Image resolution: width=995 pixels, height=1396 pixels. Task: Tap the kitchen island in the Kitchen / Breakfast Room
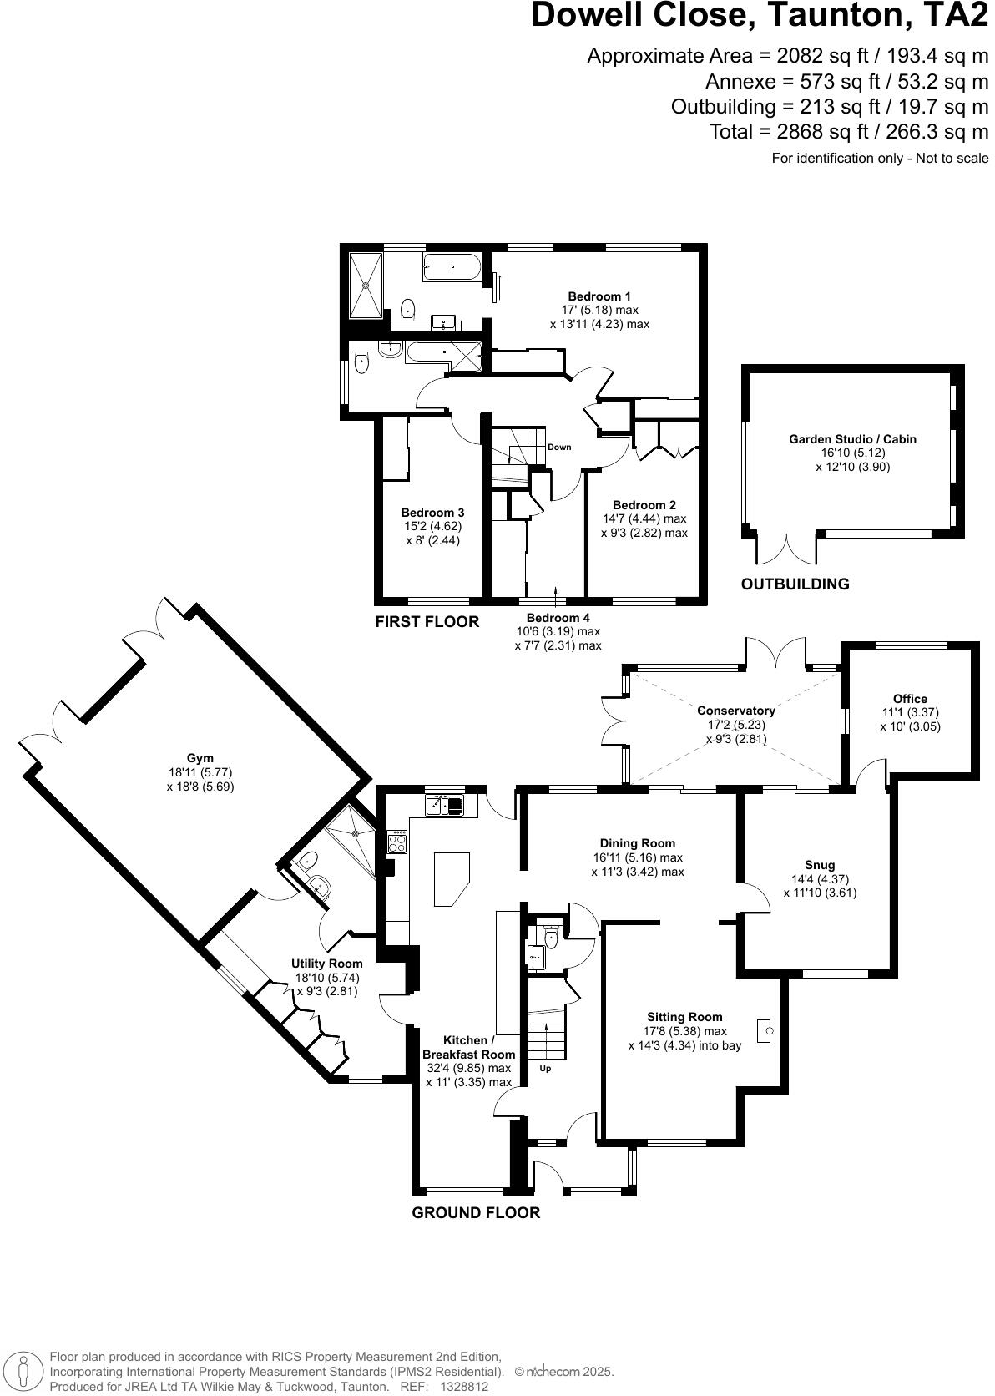click(x=452, y=878)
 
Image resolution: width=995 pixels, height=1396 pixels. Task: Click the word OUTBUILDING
click(x=795, y=584)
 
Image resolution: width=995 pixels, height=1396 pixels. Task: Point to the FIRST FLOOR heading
click(x=427, y=622)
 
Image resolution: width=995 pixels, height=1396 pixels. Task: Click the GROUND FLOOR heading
click(x=476, y=1213)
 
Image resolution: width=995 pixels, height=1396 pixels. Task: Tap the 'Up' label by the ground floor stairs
click(x=545, y=1068)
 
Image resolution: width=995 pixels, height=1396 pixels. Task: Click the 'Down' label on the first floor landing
click(x=559, y=448)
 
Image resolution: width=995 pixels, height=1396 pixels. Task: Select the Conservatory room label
click(x=735, y=711)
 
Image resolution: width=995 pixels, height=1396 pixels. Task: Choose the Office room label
click(x=910, y=699)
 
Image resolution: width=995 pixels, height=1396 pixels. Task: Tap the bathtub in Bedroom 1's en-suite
click(x=452, y=268)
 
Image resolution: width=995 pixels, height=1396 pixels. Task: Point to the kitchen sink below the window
click(x=444, y=806)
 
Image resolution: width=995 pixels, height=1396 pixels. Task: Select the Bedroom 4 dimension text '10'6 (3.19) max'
click(x=558, y=631)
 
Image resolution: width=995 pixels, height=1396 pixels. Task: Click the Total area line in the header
click(x=848, y=132)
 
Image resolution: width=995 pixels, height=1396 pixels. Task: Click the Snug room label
click(x=820, y=865)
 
